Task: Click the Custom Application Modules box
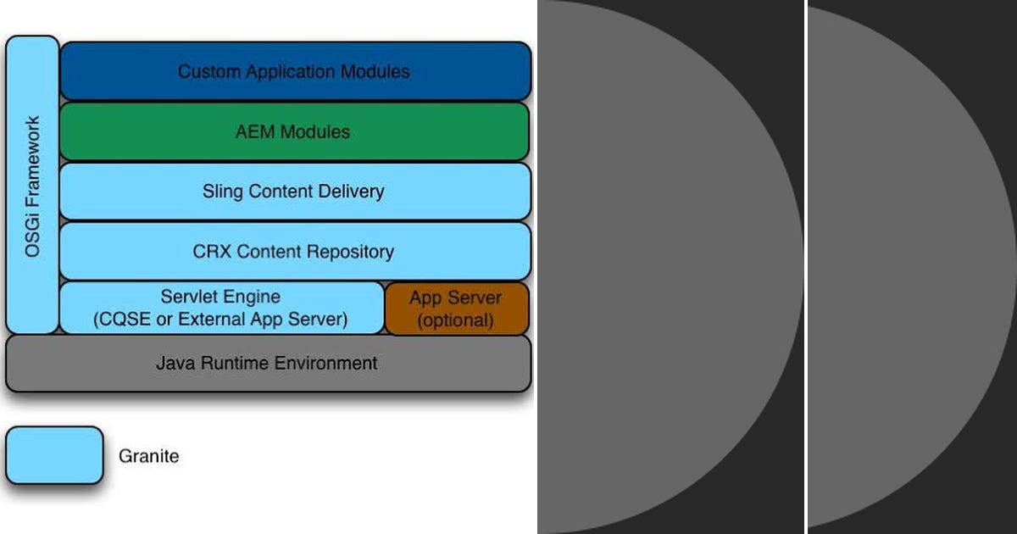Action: pyautogui.click(x=295, y=71)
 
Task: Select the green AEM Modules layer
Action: pyautogui.click(x=295, y=131)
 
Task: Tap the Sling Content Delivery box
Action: pyautogui.click(x=295, y=191)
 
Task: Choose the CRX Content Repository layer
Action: pyautogui.click(x=295, y=252)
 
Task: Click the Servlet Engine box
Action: pyautogui.click(x=220, y=309)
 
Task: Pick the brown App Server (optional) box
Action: pyautogui.click(x=457, y=309)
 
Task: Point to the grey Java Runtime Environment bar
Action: pyautogui.click(x=268, y=364)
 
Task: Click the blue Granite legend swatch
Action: pyautogui.click(x=54, y=455)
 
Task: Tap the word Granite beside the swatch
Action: pyautogui.click(x=149, y=456)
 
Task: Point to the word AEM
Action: pyautogui.click(x=255, y=131)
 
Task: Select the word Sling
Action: pyautogui.click(x=221, y=191)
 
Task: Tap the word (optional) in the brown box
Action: pyautogui.click(x=457, y=320)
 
